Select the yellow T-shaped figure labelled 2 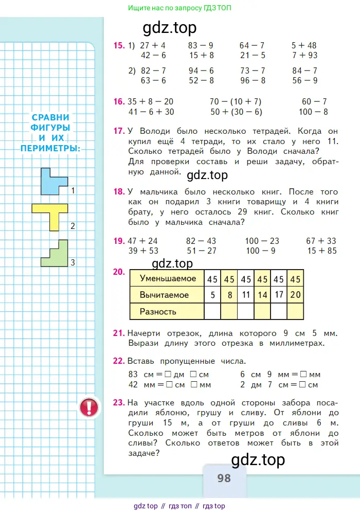point(51,214)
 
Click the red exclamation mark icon point(88,407)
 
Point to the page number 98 point(224,478)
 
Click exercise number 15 point(119,46)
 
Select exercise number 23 point(119,403)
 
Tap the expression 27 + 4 point(150,46)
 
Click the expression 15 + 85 point(321,251)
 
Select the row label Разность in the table point(158,311)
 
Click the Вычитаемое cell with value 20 point(295,295)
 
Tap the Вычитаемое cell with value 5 point(212,295)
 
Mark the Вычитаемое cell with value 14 point(262,295)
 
